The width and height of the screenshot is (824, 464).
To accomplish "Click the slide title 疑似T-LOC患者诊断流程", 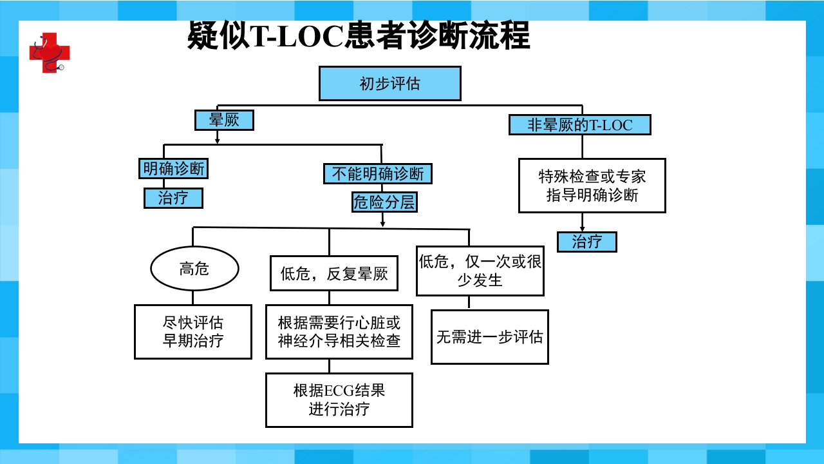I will click(359, 35).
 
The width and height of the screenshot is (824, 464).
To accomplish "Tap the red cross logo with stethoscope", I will click(49, 52).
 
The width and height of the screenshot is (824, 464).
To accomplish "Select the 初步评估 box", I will click(389, 84).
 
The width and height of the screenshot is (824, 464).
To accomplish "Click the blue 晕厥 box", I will click(224, 120).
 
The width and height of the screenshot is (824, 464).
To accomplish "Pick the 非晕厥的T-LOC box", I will click(579, 124).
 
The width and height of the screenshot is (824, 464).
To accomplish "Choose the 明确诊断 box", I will click(174, 169).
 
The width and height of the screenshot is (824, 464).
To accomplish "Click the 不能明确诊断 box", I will click(377, 173).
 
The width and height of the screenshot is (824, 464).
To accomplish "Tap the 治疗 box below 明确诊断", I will click(173, 198).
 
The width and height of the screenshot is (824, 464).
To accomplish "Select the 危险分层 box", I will click(384, 202).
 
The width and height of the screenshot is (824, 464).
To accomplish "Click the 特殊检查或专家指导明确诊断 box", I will click(592, 186).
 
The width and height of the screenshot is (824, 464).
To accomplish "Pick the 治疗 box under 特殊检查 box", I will click(586, 242).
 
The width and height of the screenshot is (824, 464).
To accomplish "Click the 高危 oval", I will click(194, 268).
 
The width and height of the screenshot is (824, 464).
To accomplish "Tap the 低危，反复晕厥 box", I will click(333, 273).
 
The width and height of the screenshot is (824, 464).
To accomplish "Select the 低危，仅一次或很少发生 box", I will click(480, 271).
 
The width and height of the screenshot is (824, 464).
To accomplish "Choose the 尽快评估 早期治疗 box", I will click(192, 331).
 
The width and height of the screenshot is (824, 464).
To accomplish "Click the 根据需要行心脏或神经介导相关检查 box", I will click(339, 331).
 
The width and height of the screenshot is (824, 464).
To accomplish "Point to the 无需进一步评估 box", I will click(489, 337).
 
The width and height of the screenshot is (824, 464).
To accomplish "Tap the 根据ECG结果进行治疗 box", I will click(339, 400).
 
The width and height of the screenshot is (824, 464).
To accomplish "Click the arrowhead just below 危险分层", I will click(383, 224).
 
